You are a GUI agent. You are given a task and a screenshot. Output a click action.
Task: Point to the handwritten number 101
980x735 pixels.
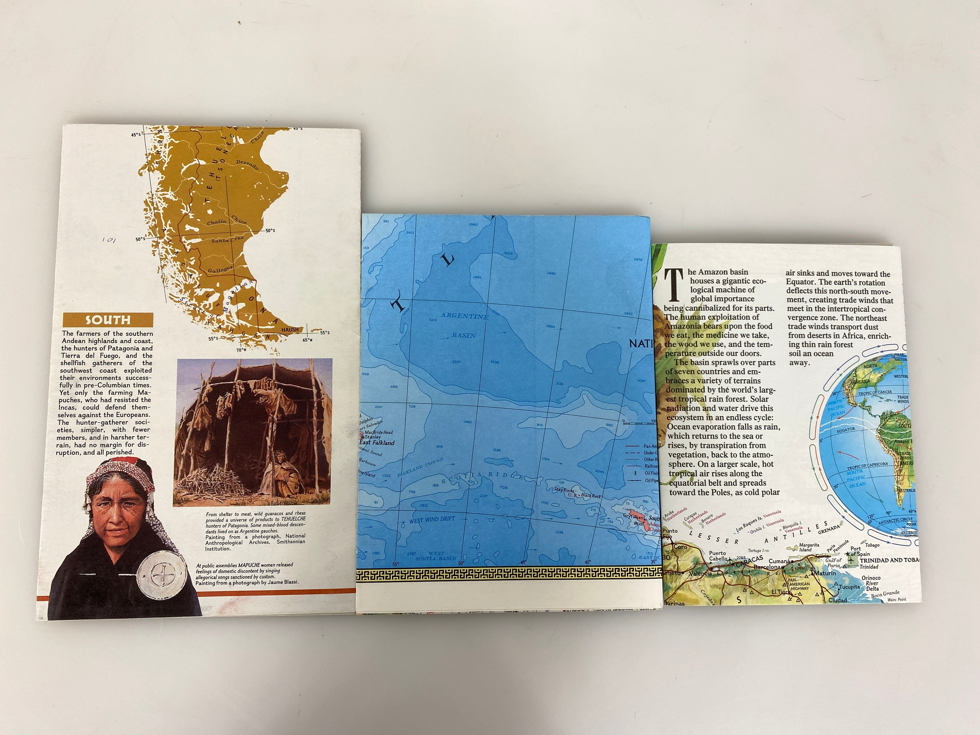click(x=108, y=240)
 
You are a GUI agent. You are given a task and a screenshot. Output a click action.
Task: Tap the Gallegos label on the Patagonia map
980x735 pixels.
click(x=220, y=269)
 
